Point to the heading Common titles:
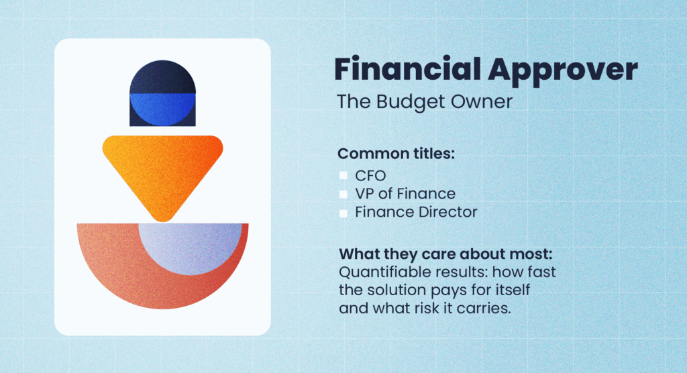(397, 153)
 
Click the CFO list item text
(371, 176)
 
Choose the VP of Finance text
(405, 194)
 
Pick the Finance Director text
(416, 212)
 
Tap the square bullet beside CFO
(343, 176)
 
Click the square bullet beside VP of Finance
(343, 195)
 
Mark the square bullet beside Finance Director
(343, 213)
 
